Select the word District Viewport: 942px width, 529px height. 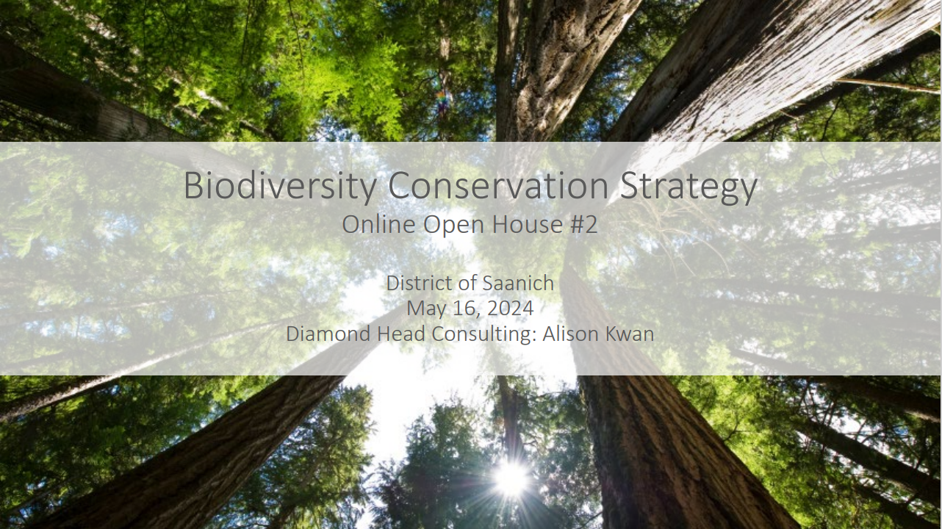click(419, 283)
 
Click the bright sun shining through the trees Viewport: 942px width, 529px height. click(511, 478)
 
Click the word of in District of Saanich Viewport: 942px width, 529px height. click(467, 283)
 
